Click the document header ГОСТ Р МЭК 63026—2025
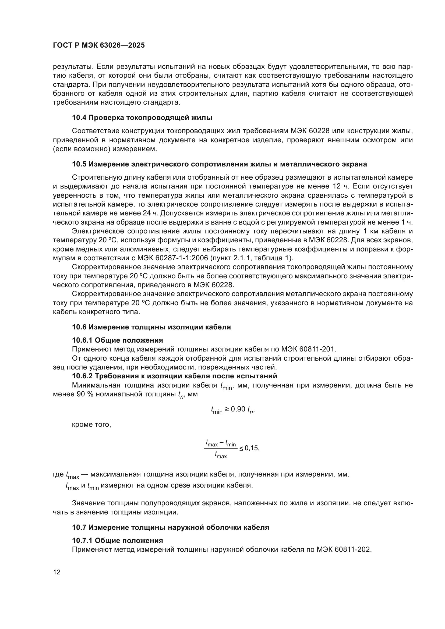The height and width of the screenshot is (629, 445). tap(99, 45)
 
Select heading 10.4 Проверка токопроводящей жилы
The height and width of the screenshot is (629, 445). tap(142, 118)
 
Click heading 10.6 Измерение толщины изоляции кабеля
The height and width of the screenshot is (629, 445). tap(151, 327)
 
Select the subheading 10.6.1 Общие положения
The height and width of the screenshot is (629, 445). tap(117, 340)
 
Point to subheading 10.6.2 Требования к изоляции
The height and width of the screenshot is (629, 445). tap(175, 376)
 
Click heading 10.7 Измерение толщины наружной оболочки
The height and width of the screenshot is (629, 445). tap(170, 527)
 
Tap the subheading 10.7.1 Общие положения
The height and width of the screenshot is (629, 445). tap(117, 541)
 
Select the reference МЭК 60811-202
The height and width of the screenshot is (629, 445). tap(344, 550)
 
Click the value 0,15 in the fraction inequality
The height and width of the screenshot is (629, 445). tap(252, 448)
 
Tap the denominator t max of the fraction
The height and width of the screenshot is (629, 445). tap(221, 456)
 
